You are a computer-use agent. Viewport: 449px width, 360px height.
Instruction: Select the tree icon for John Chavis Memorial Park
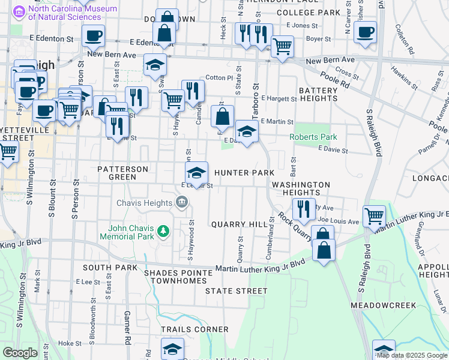coord(162,231)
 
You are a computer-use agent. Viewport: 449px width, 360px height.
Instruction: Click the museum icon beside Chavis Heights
coord(181,203)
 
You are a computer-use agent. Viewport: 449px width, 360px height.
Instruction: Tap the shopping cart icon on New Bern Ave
coord(282,46)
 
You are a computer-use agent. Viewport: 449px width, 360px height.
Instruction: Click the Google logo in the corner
coord(20,352)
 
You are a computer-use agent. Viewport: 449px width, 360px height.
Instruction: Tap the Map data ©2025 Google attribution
coord(412,355)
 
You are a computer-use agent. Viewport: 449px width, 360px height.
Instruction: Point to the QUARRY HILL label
coord(239,224)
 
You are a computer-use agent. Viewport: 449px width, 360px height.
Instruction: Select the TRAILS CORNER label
coord(194,329)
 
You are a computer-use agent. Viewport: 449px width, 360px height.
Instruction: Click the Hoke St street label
coord(70,343)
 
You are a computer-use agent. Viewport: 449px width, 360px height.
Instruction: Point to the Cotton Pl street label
coord(218,78)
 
